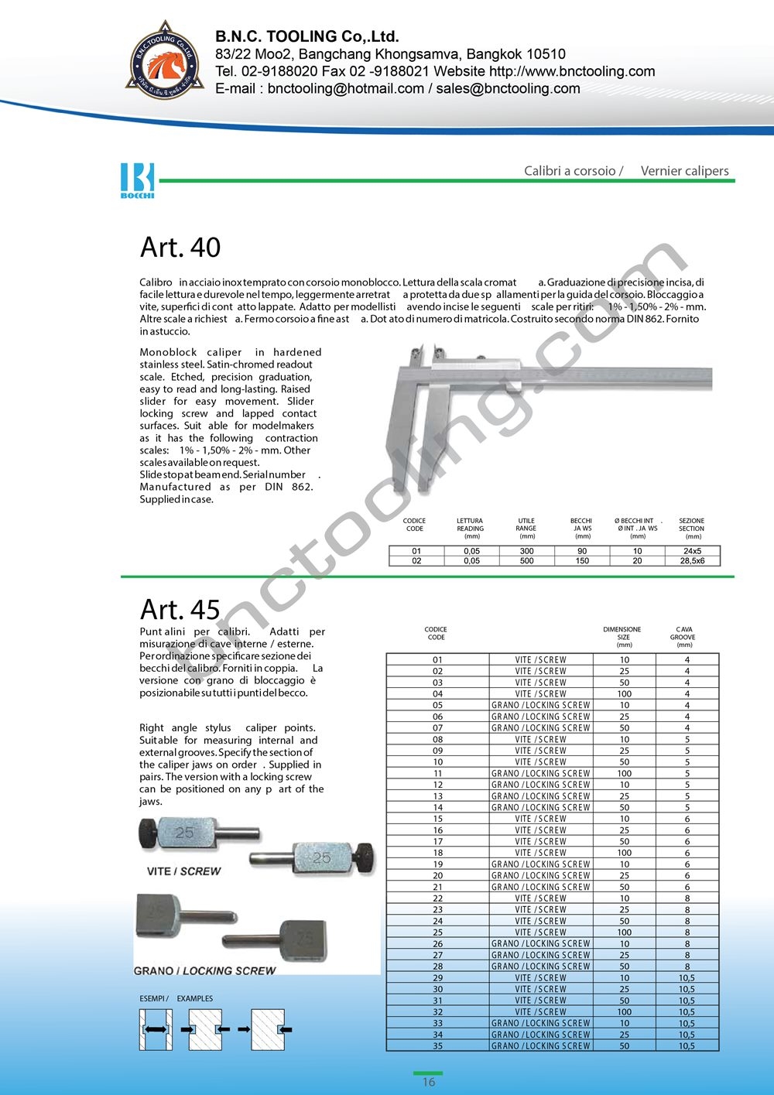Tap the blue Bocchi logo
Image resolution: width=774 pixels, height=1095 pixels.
[x=138, y=180]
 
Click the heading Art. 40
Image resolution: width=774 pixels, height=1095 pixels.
[x=180, y=248]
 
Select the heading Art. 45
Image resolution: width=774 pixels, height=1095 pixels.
[x=180, y=610]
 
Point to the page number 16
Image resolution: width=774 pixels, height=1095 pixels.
[x=429, y=1082]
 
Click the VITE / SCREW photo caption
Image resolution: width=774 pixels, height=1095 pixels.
[x=184, y=871]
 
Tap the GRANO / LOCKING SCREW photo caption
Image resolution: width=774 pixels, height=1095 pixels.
[x=205, y=970]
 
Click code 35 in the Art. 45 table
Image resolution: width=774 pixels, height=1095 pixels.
[x=438, y=1046]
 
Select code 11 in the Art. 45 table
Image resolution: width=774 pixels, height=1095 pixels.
[x=438, y=773]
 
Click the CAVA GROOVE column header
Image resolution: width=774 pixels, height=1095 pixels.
[x=684, y=637]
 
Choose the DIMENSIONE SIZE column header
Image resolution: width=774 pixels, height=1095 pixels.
[x=623, y=637]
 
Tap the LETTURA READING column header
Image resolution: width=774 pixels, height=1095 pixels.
[x=470, y=529]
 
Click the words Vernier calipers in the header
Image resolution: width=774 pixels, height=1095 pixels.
[x=684, y=171]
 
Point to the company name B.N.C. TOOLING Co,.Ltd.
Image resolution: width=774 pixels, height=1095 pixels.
[x=307, y=36]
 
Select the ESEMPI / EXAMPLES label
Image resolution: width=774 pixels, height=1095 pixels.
[x=176, y=998]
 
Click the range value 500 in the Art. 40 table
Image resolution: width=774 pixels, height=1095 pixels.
[x=527, y=561]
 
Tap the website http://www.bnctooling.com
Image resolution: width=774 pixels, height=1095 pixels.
[x=572, y=71]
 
